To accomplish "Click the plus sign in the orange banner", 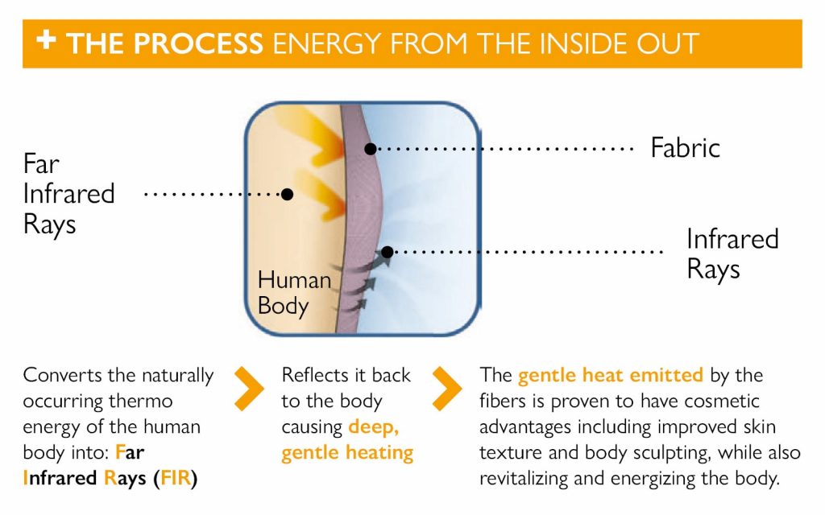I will coord(46,40).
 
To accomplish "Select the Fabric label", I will coord(685,148).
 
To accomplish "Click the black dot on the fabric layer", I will coord(370,149).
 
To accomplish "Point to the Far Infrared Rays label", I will coord(68,193).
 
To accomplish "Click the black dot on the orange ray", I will coord(287,194).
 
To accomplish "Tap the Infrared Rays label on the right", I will coord(732,253).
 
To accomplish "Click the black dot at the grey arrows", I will coord(387,252).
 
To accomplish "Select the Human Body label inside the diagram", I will coord(293,292).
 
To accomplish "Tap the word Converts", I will coord(57,375).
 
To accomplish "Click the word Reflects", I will coord(313,375).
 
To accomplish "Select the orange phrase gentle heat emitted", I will coord(610,375).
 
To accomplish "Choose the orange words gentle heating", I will coord(346,452).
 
